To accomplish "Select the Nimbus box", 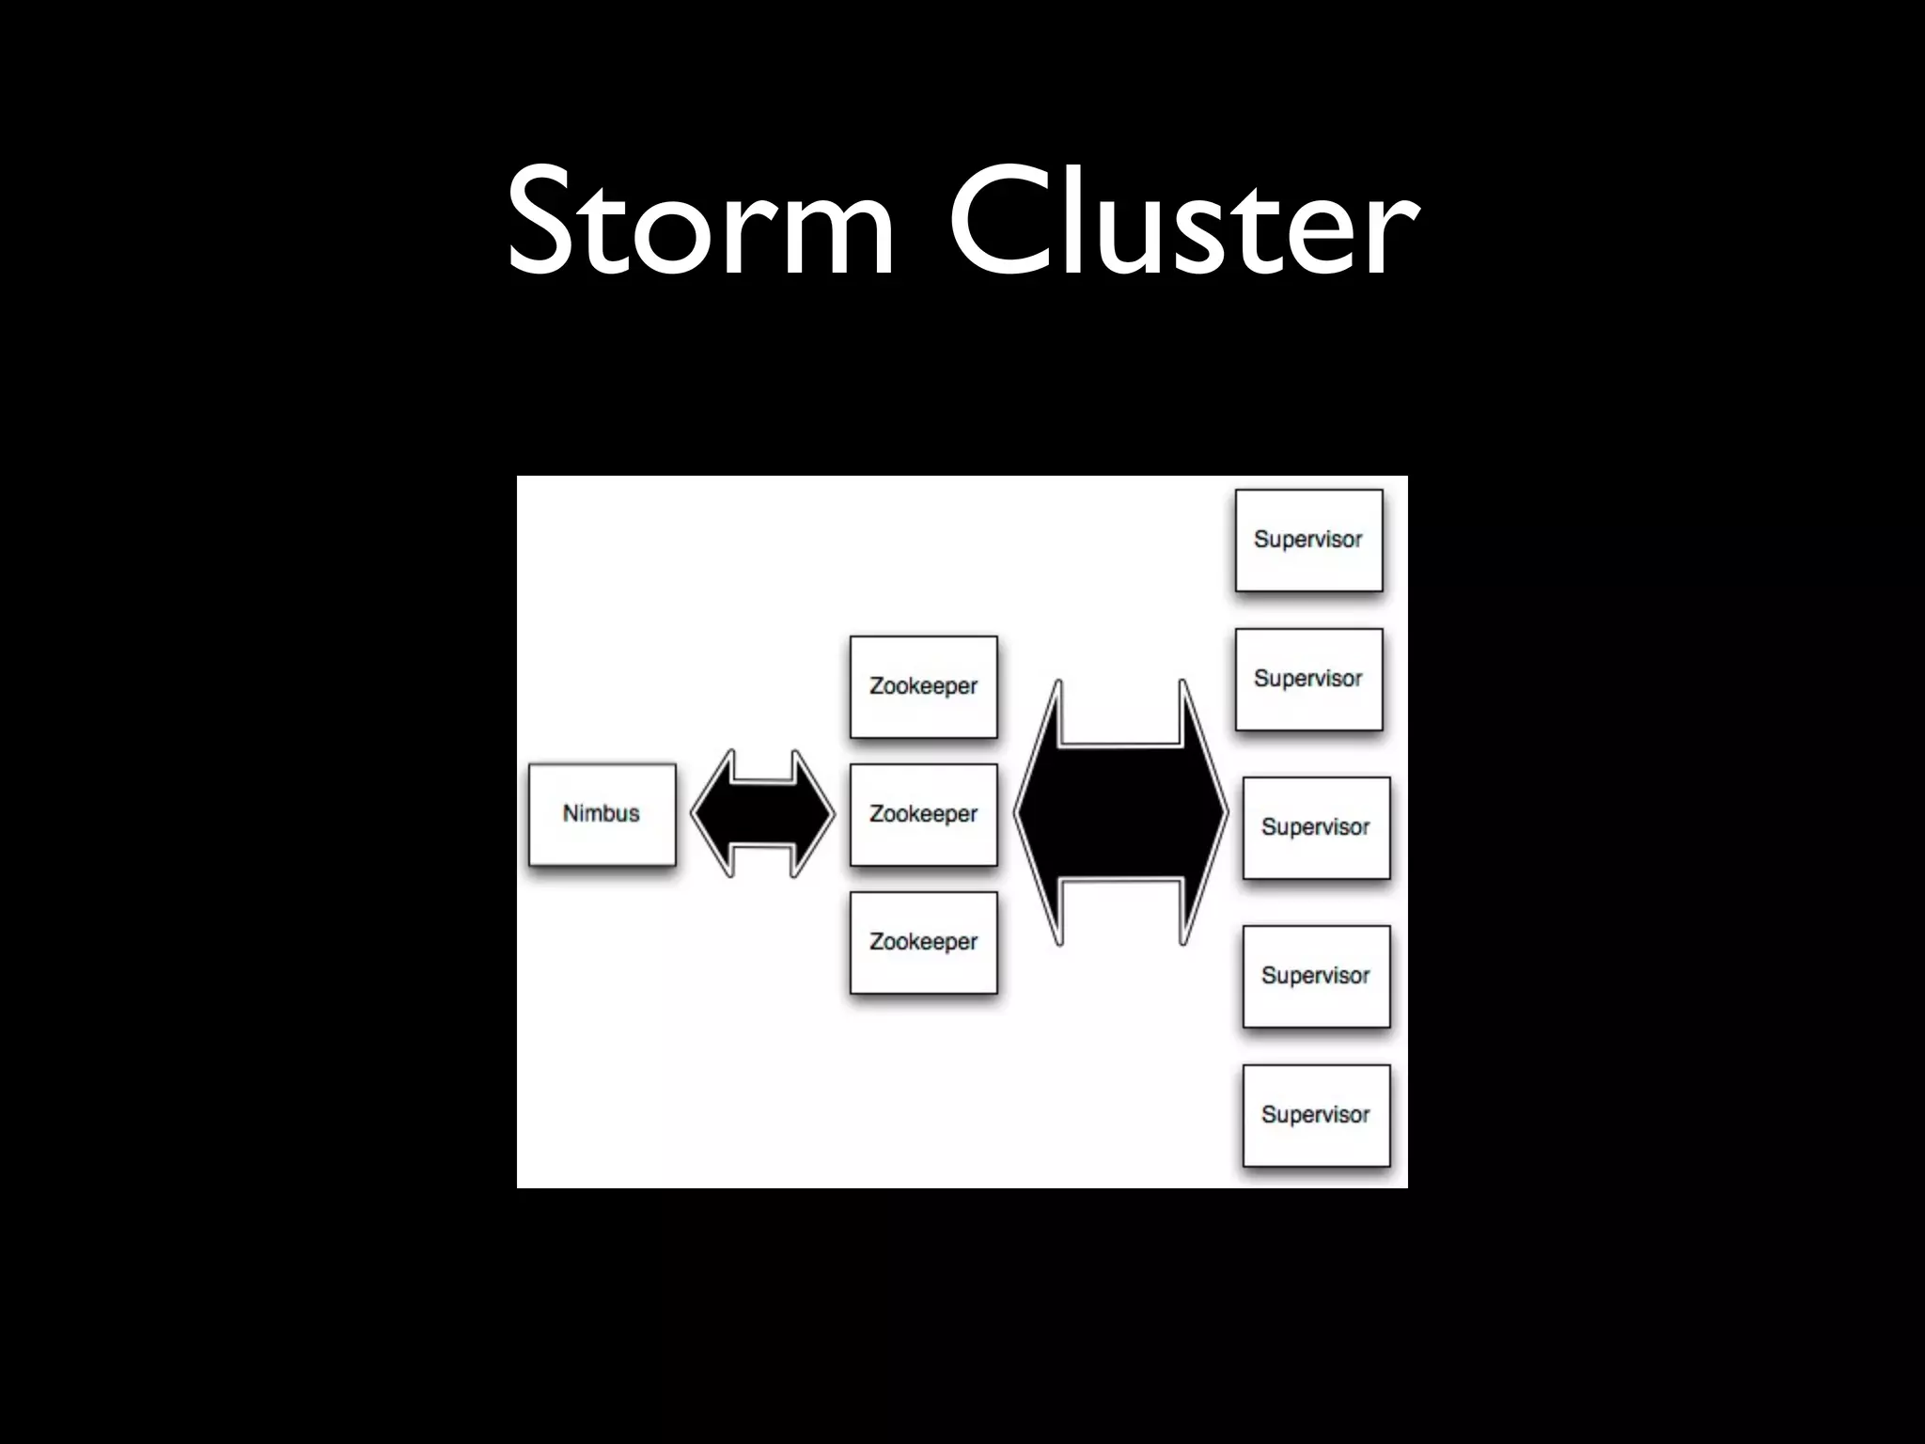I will (602, 814).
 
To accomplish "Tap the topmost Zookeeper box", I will (923, 687).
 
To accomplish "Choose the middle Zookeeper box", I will (923, 814).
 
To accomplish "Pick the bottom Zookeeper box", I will (923, 942).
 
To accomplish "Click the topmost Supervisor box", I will (1308, 541).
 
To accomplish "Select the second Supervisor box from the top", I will (1308, 679).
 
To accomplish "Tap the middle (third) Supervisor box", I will (1316, 827).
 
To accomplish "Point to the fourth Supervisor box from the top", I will (1316, 976).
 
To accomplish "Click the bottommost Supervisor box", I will (1316, 1115).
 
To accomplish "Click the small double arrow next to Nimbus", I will (763, 814).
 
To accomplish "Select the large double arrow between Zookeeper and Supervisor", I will (1120, 812).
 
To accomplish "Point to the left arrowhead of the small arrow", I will (712, 814).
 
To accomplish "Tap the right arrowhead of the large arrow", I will (1203, 812).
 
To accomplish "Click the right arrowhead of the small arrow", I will (813, 814).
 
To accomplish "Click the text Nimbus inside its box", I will (602, 813).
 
